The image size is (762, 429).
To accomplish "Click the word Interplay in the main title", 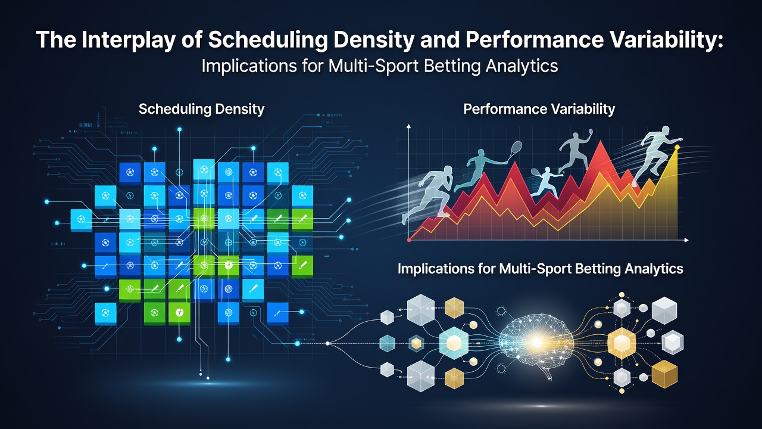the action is click(x=127, y=40).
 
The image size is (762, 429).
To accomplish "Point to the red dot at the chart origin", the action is click(x=409, y=240).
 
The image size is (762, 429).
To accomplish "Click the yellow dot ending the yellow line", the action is click(x=677, y=147).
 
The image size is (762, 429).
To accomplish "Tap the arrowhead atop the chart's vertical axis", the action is click(x=409, y=127).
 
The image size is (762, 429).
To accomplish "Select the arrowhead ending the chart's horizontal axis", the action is click(x=686, y=240).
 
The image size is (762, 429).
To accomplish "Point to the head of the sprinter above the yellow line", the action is click(x=665, y=131).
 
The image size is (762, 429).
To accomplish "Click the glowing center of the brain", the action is click(x=537, y=342).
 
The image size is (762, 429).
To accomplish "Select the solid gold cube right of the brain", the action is click(x=664, y=374).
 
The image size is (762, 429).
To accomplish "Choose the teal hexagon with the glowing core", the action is click(x=454, y=343).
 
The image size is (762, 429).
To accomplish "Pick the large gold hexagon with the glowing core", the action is click(x=622, y=343).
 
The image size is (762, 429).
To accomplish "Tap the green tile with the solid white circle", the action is click(x=229, y=265).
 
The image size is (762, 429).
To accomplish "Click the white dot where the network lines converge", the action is click(x=327, y=344).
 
